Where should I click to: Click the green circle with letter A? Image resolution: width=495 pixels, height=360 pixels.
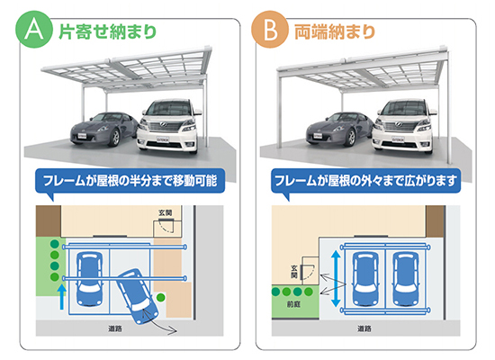coord(34,30)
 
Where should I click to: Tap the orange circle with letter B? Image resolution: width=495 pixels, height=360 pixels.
coord(270,30)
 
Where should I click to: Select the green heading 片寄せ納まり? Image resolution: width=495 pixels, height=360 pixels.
coord(108,31)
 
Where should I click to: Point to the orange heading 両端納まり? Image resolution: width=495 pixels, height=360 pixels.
coord(335,31)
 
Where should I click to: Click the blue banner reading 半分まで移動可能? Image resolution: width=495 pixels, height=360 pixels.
coord(130,181)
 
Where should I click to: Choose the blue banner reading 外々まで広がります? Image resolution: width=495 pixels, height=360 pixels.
coord(365,181)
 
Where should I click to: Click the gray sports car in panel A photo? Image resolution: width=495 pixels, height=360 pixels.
coord(104,129)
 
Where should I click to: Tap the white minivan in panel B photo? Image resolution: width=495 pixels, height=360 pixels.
coord(405,126)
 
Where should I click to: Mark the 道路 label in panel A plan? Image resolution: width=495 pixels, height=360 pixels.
coord(115,328)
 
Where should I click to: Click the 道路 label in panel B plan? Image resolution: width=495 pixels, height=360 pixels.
coord(364,328)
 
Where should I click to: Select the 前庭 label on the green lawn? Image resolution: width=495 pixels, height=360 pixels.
coord(293,304)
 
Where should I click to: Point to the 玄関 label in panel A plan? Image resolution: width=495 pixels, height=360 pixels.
coord(166,212)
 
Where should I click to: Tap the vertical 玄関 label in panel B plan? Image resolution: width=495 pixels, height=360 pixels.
coord(294,272)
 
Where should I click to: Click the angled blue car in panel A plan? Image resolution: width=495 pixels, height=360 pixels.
coord(139,296)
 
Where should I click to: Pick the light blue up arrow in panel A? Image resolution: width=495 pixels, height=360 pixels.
coord(62,297)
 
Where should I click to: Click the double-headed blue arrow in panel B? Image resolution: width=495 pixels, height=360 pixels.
coord(336,279)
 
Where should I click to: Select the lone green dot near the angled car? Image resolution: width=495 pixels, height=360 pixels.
coord(161,297)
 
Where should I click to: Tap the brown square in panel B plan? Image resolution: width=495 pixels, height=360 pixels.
coord(435,221)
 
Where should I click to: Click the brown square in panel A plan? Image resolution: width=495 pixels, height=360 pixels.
coord(49,221)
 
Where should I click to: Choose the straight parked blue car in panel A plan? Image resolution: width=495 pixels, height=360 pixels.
coord(90,278)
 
